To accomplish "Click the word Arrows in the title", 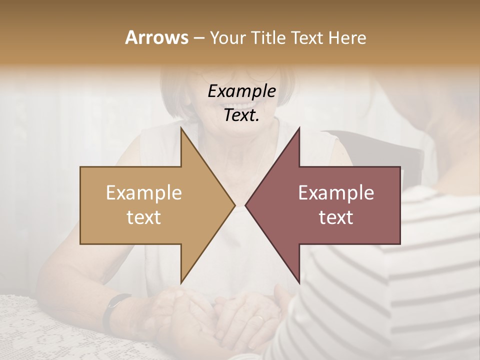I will pyautogui.click(x=156, y=37).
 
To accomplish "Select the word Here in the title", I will pyautogui.click(x=347, y=37).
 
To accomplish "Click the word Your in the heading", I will pyautogui.click(x=227, y=37).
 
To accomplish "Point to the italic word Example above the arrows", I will pyautogui.click(x=241, y=91).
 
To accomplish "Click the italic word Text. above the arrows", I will pyautogui.click(x=241, y=115).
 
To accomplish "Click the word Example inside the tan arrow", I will pyautogui.click(x=143, y=193).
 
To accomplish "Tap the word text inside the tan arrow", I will pyautogui.click(x=143, y=217).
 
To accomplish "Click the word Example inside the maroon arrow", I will pyautogui.click(x=336, y=193).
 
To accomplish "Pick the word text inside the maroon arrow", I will pyautogui.click(x=336, y=217).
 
